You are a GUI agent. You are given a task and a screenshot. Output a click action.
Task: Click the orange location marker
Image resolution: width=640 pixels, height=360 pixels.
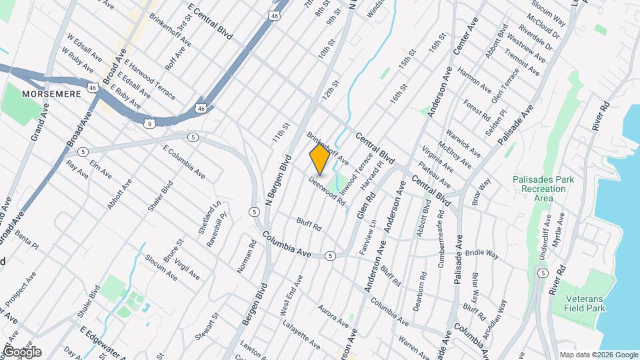tap(319, 159)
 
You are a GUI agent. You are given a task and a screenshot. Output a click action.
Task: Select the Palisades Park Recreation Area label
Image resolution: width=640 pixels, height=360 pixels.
tap(539, 189)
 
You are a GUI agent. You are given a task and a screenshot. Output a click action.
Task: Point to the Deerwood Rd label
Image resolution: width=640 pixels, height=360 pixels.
tap(327, 191)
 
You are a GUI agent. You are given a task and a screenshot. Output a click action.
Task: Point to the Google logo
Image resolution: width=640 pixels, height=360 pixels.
tap(22, 352)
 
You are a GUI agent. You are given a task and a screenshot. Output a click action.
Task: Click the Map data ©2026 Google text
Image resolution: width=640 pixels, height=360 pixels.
tap(598, 355)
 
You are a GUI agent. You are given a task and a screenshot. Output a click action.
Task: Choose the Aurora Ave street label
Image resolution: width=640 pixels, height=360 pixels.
tap(333, 317)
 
